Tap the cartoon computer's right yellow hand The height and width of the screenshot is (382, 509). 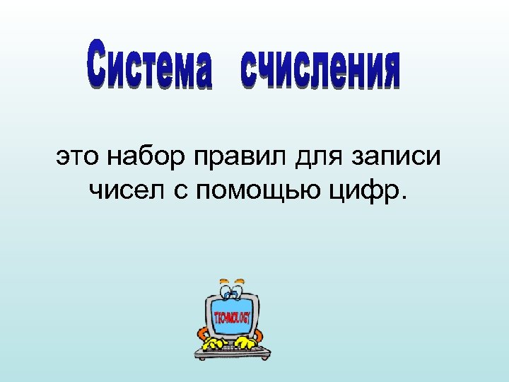pyautogui.click(x=245, y=342)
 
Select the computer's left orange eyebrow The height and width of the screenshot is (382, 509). pyautogui.click(x=224, y=282)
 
